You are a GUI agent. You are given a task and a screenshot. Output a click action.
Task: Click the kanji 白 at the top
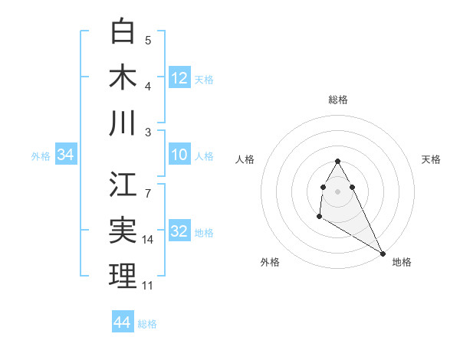click(123, 31)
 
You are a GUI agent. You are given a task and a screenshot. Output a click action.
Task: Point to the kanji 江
click(123, 185)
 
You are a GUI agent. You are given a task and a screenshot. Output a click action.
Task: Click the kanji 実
click(123, 231)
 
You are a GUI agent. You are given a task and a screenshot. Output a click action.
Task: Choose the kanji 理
click(123, 277)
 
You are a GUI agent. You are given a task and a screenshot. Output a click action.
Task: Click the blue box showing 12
click(179, 77)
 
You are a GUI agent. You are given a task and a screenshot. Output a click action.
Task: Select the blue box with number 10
click(179, 155)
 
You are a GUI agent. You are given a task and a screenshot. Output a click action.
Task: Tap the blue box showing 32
click(179, 231)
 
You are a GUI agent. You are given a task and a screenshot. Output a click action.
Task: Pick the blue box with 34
click(66, 155)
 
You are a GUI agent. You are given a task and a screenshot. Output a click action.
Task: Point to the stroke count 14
click(149, 240)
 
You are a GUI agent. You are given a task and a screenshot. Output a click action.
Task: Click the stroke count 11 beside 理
click(148, 286)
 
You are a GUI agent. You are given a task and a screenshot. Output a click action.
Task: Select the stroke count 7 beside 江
click(148, 185)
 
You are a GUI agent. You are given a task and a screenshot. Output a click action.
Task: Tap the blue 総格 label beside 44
click(147, 324)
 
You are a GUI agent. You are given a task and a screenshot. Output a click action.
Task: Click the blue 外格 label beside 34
click(41, 156)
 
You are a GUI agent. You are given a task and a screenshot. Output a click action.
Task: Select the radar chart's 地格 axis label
click(402, 262)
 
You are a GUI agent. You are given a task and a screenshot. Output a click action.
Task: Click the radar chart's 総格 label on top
click(338, 100)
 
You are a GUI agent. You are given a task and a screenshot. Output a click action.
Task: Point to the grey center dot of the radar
click(338, 191)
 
